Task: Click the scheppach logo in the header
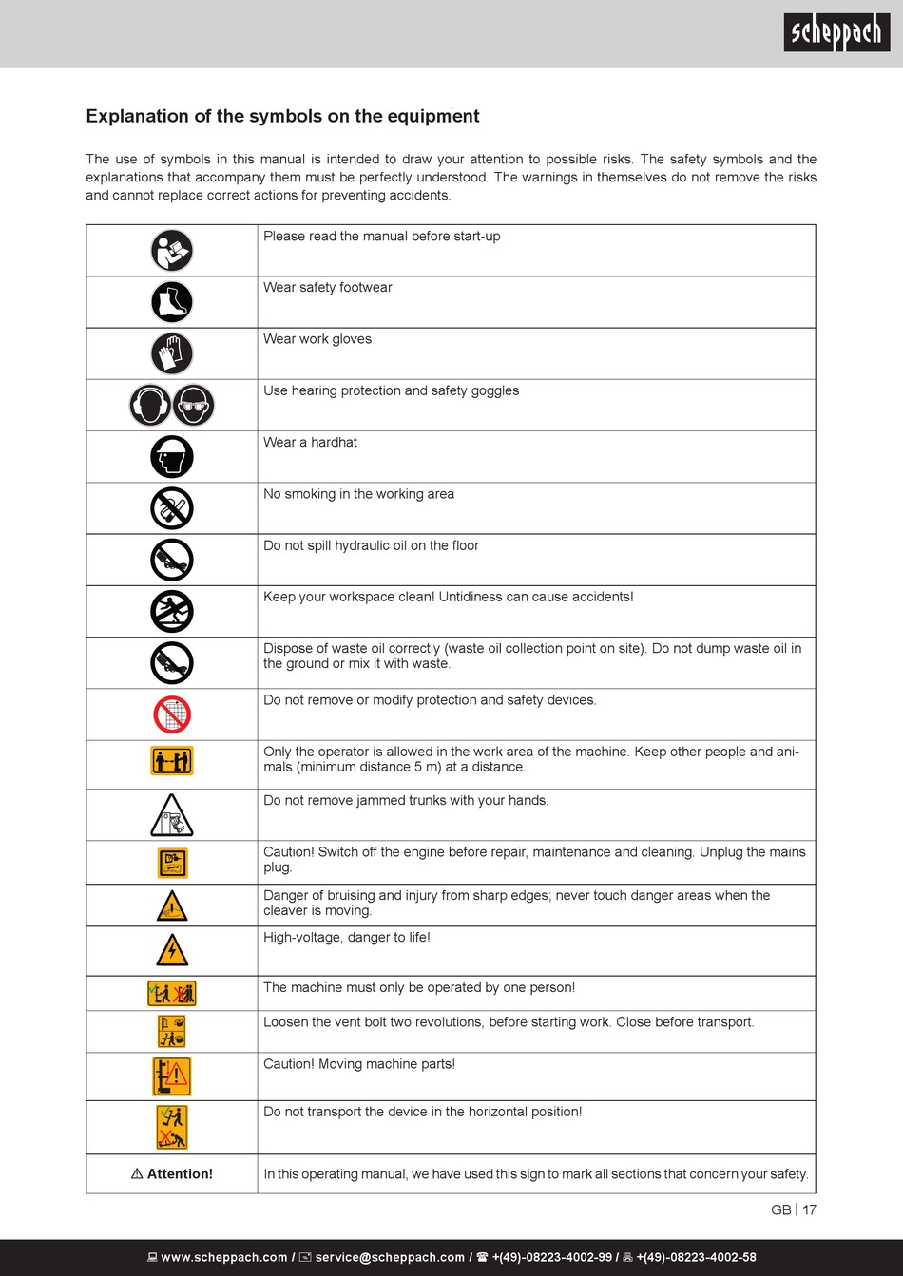[836, 33]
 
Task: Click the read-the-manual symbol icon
[172, 251]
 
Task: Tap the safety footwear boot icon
[172, 302]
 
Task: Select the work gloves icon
[172, 354]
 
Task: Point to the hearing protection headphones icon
[150, 406]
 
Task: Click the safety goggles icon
[194, 406]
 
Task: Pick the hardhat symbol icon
[172, 457]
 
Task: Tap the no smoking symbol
[172, 508]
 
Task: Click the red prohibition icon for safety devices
[172, 714]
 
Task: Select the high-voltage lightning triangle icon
[172, 950]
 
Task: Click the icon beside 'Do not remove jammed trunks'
[172, 815]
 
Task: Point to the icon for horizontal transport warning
[172, 1127]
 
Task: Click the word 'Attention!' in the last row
[180, 1174]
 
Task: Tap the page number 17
[809, 1209]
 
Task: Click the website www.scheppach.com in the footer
[224, 1257]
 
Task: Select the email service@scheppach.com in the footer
[390, 1257]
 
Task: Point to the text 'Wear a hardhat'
[311, 443]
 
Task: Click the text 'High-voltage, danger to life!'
[347, 938]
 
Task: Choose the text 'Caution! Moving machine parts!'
[359, 1064]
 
